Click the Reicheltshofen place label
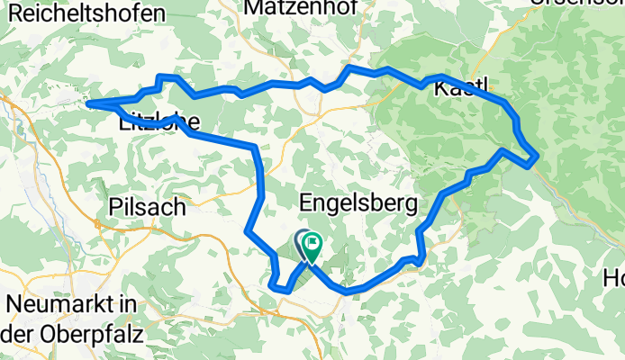point(83,13)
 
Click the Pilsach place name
point(146,206)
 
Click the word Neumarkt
point(59,304)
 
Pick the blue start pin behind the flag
point(302,240)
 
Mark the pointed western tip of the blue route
point(87,103)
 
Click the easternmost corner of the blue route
point(538,157)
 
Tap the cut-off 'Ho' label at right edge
point(614,279)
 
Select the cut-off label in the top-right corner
point(590,3)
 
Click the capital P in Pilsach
point(113,206)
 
